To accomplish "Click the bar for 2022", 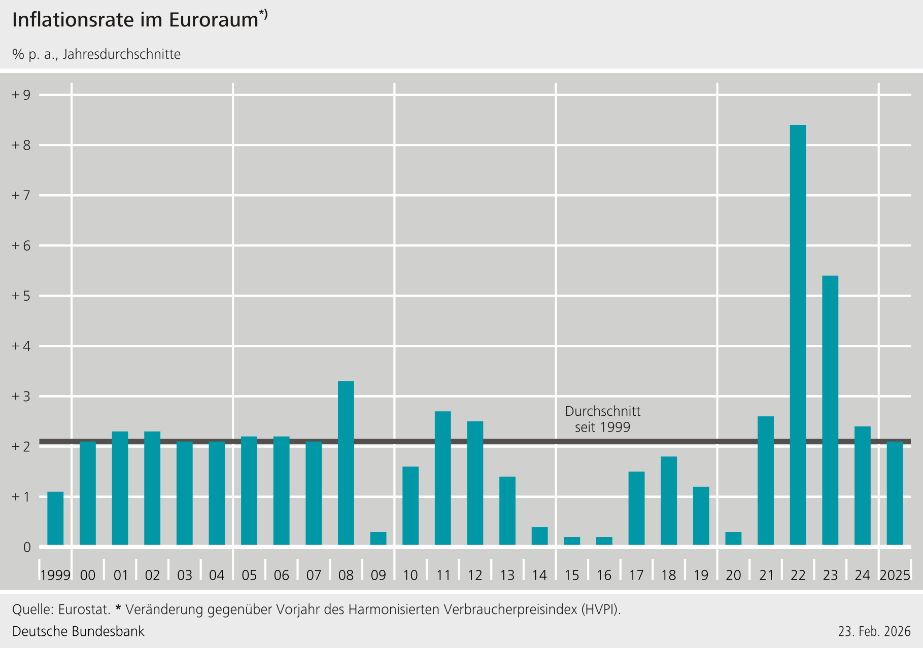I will (x=798, y=335).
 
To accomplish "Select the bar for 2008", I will (x=346, y=463).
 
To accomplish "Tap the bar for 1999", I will (x=55, y=518).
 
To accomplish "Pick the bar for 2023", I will (x=830, y=410).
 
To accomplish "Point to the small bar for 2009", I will (x=378, y=538).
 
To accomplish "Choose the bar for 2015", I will (x=572, y=541).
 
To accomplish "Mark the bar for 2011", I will (x=443, y=478).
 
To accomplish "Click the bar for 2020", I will (x=733, y=538).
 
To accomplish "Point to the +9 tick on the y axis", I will (x=21, y=95).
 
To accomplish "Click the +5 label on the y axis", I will (x=21, y=296).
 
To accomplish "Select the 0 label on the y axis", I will (x=27, y=548).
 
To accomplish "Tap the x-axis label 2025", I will (x=895, y=575).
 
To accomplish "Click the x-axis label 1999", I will (x=55, y=575).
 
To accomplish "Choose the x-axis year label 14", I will (x=539, y=575).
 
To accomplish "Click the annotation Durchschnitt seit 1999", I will (x=603, y=419).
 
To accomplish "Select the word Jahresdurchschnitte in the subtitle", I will (x=121, y=54).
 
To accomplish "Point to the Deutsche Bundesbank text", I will (x=78, y=631).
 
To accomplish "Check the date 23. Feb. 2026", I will (x=874, y=632).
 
